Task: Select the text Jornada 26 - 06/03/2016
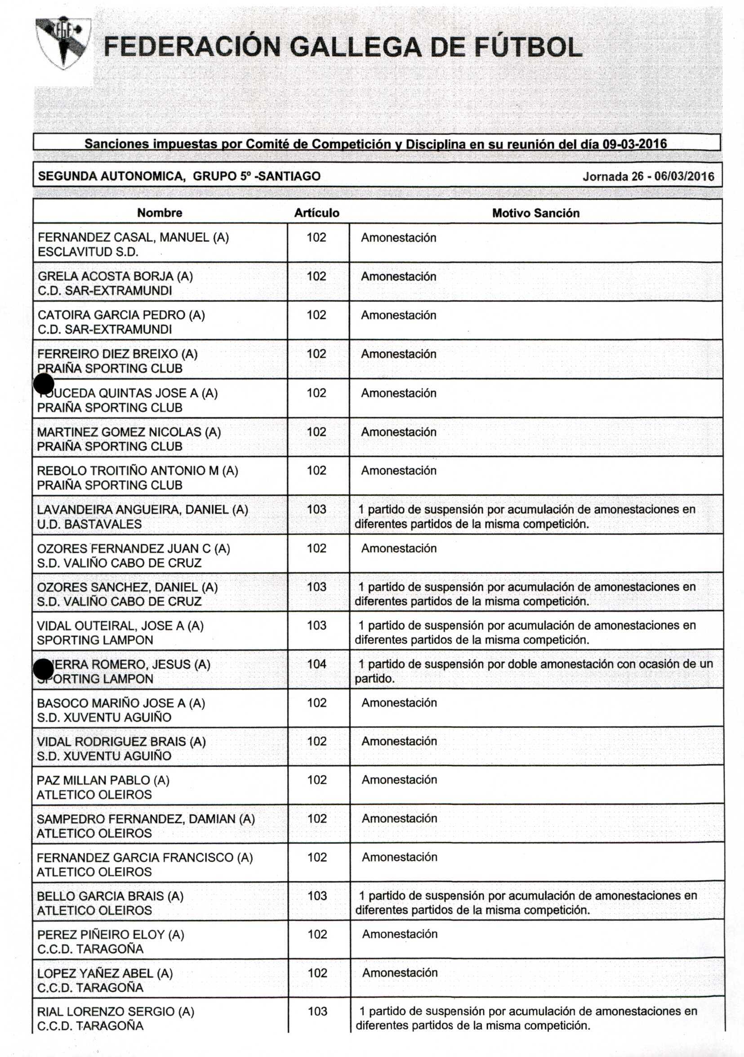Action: point(648,176)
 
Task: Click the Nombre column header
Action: point(159,213)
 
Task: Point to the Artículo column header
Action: point(317,213)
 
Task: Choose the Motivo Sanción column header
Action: point(535,213)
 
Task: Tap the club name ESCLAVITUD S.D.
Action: point(88,252)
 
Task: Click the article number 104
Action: point(317,664)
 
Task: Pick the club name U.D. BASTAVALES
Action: point(89,524)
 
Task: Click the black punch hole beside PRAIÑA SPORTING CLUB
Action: point(44,384)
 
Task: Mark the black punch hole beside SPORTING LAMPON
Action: point(44,669)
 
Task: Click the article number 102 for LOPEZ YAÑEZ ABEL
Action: point(317,973)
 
